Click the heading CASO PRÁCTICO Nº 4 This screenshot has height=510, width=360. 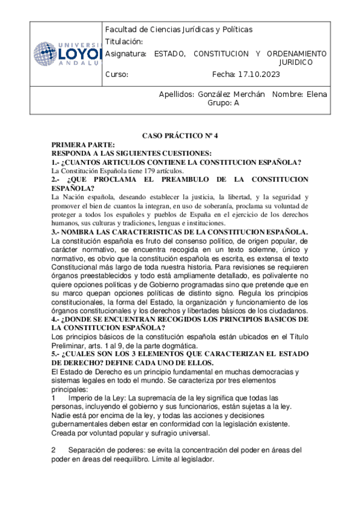[180, 137]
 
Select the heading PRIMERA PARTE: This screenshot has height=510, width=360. [83, 145]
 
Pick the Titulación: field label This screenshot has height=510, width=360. [124, 41]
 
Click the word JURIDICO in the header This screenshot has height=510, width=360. [296, 62]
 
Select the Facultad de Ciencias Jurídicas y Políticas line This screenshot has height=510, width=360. [178, 29]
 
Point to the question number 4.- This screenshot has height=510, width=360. [57, 319]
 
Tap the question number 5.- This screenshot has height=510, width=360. [57, 354]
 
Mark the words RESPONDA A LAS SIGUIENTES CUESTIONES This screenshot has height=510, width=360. [132, 153]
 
